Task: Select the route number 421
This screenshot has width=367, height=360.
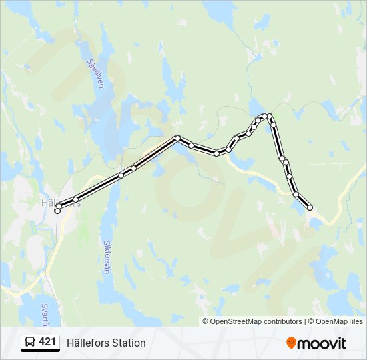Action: (47, 342)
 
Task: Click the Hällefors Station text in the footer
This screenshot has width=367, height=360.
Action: (106, 343)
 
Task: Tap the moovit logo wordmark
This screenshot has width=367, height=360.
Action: (322, 343)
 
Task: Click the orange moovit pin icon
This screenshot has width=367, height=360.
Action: (291, 343)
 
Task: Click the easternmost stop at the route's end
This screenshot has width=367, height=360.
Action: (310, 208)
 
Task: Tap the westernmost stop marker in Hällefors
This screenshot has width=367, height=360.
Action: (57, 211)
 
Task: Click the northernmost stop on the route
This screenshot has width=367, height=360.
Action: (266, 116)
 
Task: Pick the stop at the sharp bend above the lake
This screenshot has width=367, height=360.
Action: (177, 138)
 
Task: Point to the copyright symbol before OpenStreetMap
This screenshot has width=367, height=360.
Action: (206, 321)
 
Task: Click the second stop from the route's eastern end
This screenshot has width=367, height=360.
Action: (296, 194)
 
